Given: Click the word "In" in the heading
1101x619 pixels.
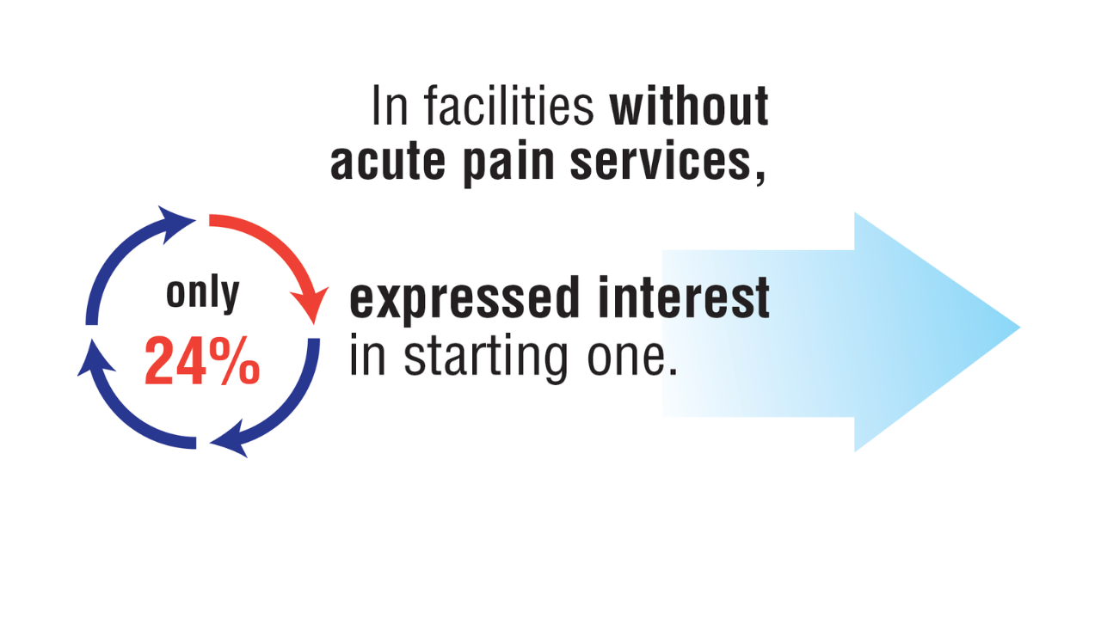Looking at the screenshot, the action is tap(391, 105).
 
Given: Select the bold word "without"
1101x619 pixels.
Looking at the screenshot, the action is tap(689, 105).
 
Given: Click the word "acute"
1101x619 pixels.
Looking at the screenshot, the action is tap(388, 162).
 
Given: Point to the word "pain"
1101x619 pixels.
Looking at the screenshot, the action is tap(508, 163).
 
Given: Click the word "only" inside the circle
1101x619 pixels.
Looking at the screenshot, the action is tap(202, 294).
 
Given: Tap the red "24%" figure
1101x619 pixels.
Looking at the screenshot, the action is tap(202, 361).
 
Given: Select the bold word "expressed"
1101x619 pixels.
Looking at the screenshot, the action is tap(464, 298).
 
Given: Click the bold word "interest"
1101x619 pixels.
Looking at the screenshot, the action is tap(684, 297).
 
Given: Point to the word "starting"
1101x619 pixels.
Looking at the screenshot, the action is tap(486, 359).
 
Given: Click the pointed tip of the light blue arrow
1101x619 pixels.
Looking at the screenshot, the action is tap(1020, 328).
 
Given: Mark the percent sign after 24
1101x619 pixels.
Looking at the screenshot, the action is tap(234, 361).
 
